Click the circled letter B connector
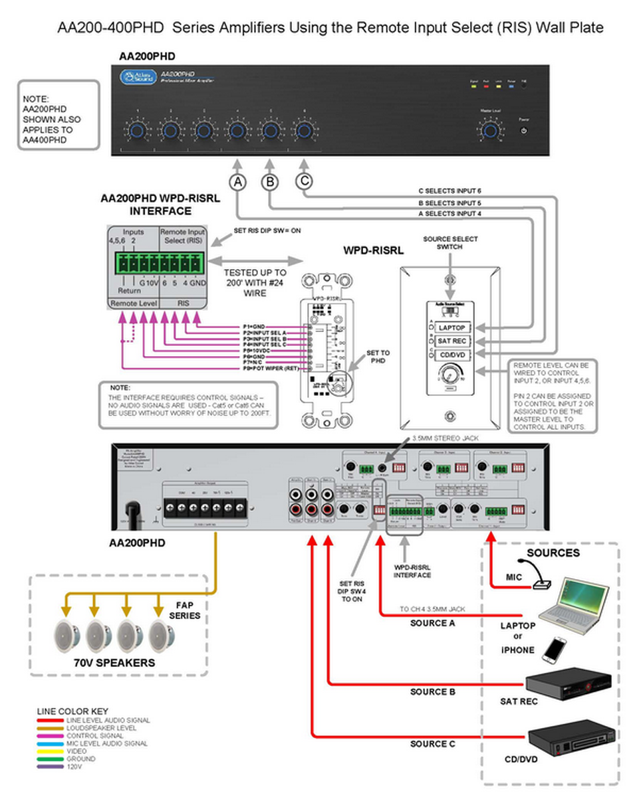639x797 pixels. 270,181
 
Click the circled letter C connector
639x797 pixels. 304,181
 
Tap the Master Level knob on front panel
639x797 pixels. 490,130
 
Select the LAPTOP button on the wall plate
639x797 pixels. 452,327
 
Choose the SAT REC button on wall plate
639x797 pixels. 452,341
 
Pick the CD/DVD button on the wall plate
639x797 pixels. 452,356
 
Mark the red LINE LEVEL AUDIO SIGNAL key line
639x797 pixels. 49,720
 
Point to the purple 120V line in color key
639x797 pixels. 49,766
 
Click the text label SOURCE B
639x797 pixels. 432,692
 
